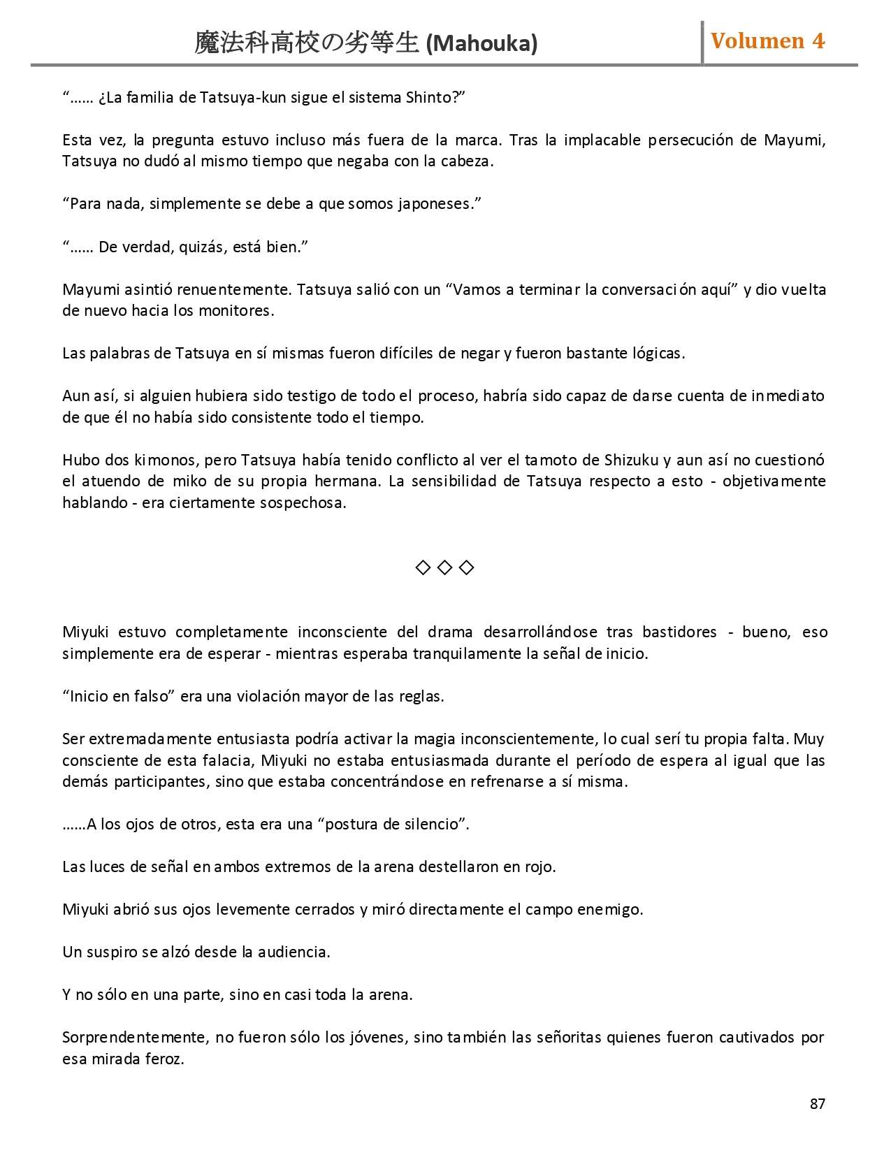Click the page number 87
[x=818, y=1103]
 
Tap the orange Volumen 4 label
[x=767, y=41]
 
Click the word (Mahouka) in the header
[x=481, y=43]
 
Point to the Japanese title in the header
[x=307, y=43]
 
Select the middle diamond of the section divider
[x=444, y=567]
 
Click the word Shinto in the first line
[x=428, y=97]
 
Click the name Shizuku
[x=631, y=460]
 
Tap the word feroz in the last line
[x=164, y=1059]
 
